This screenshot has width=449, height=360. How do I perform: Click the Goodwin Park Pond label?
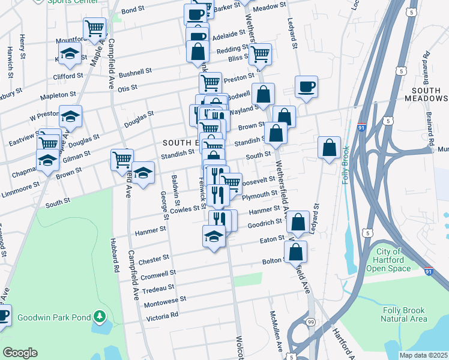[54, 317]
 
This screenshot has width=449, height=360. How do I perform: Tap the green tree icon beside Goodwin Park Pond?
[101, 316]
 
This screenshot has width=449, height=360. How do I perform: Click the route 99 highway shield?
[310, 323]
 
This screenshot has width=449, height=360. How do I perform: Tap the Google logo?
[20, 353]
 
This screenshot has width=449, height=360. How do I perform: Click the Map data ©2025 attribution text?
[423, 355]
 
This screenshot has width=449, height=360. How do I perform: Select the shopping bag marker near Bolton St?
[295, 252]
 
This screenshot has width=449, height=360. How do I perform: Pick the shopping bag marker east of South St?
[330, 148]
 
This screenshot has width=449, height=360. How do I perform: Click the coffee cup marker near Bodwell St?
[306, 87]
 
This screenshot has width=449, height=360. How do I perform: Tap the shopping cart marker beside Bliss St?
[260, 54]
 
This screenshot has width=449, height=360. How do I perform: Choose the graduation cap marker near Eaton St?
[214, 236]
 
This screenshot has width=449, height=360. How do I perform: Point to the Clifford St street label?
[67, 77]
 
